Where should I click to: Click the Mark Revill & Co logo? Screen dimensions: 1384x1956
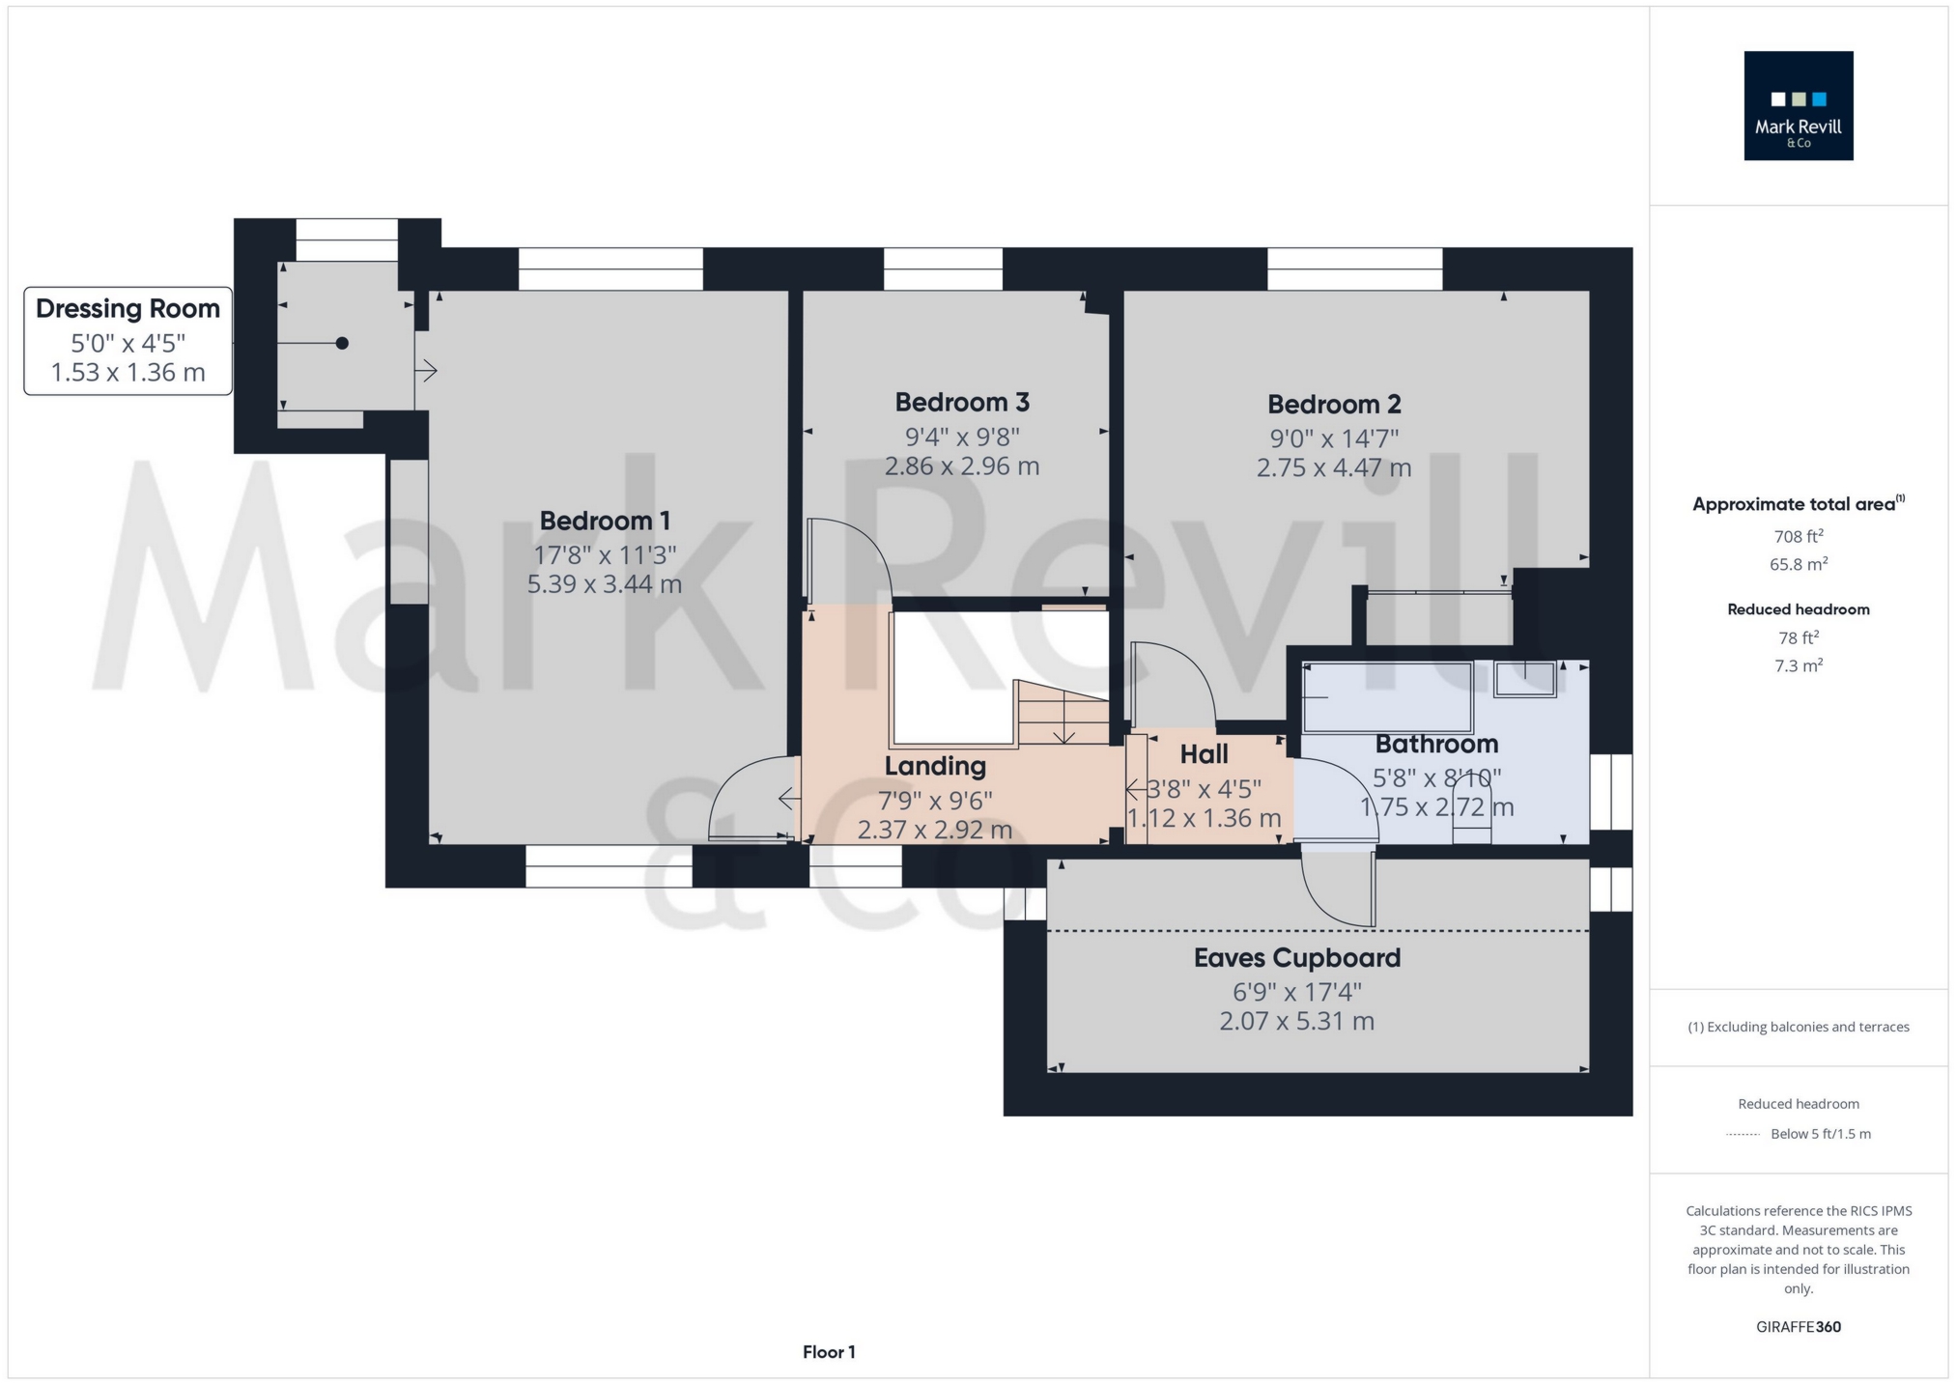(x=1798, y=106)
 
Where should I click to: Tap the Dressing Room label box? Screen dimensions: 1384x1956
(x=128, y=340)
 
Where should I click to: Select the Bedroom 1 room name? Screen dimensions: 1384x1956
(x=605, y=521)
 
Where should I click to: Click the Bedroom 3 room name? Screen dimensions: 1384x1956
(x=961, y=402)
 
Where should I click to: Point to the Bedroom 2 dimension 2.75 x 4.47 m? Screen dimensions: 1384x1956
(x=1333, y=468)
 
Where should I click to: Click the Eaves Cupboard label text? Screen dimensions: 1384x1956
(x=1296, y=958)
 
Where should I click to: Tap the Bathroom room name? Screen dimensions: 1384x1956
(x=1436, y=744)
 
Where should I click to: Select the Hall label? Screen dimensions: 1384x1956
(x=1204, y=754)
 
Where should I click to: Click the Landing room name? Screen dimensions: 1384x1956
(x=935, y=766)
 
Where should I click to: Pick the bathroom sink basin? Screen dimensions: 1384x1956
(x=1524, y=678)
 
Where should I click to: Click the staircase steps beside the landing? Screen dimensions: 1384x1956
(x=1063, y=715)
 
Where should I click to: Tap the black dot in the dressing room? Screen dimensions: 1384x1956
(x=342, y=343)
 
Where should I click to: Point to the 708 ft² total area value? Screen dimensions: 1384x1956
(x=1798, y=537)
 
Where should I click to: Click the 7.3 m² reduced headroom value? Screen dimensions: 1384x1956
(x=1798, y=665)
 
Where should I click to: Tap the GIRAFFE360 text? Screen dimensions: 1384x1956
(x=1798, y=1327)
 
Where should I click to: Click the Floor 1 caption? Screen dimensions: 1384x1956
(x=829, y=1352)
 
